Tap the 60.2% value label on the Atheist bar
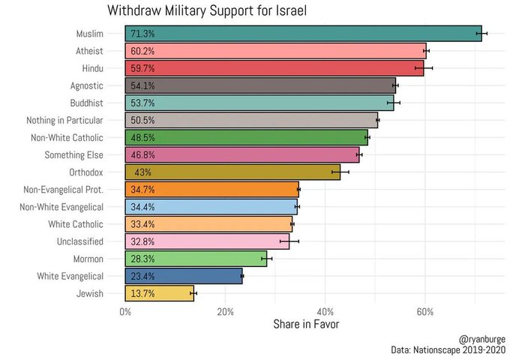[x=142, y=51]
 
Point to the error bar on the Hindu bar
[x=424, y=68]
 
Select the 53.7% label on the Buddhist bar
[x=142, y=103]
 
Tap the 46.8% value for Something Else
[x=142, y=155]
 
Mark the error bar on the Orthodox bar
[x=340, y=172]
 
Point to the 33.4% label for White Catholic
[x=142, y=224]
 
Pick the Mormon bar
[x=196, y=259]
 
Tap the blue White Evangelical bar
[x=184, y=276]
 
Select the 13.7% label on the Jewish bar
[x=142, y=294]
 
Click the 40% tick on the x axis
[x=325, y=311]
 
